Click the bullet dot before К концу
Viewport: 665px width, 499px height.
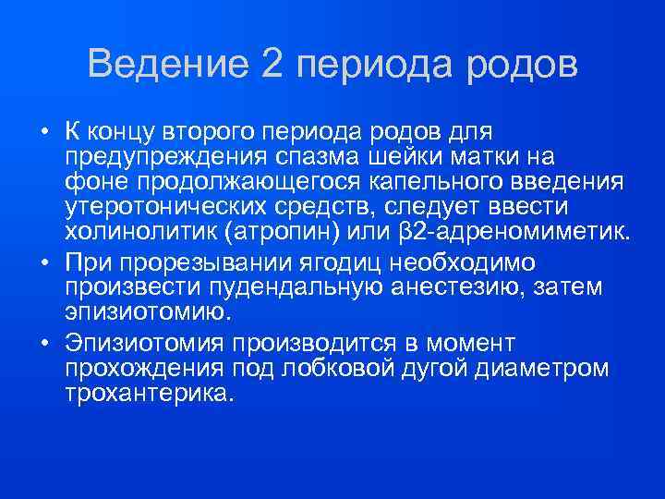coord(43,131)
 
